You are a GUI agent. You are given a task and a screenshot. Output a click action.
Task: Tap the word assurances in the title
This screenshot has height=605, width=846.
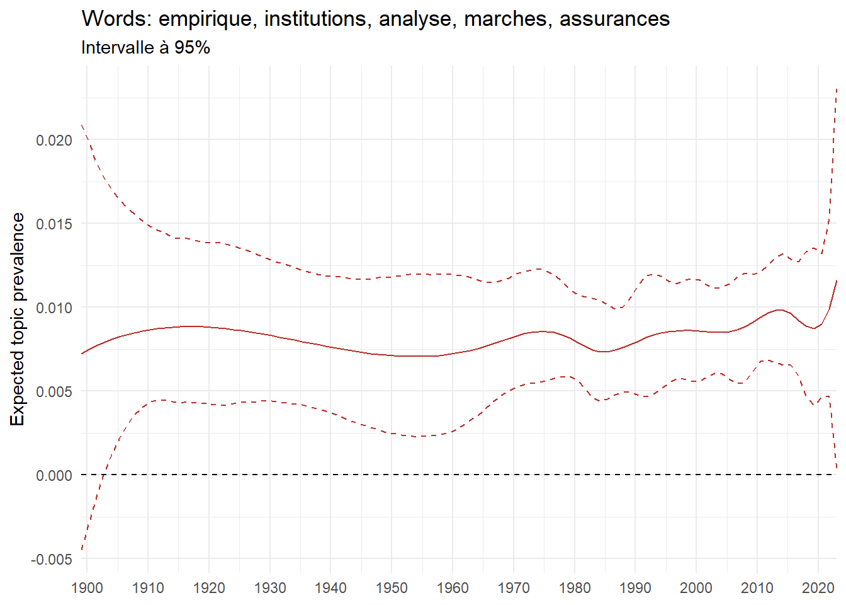click(x=614, y=19)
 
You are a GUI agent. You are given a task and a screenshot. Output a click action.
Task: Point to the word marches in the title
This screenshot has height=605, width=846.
click(x=505, y=19)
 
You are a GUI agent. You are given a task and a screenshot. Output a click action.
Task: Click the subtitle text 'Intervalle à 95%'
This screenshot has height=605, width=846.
click(x=145, y=48)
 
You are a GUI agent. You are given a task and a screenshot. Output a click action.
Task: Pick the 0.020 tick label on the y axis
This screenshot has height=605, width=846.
click(x=54, y=140)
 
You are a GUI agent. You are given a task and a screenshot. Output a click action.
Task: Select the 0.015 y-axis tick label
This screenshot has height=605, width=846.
click(x=54, y=224)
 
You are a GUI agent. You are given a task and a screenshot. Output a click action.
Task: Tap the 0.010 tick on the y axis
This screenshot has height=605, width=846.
click(x=54, y=308)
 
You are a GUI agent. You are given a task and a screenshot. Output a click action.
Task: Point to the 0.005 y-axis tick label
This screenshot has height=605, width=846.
click(x=54, y=391)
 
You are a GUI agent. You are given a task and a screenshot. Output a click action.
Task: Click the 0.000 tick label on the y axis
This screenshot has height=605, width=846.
click(x=54, y=475)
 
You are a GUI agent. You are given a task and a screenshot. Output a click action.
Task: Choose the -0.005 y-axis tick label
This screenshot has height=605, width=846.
click(x=52, y=559)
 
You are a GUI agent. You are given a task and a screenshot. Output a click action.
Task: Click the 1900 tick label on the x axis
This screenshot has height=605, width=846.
click(x=87, y=589)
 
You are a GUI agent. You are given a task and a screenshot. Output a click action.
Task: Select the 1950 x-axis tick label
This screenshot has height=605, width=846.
click(x=392, y=589)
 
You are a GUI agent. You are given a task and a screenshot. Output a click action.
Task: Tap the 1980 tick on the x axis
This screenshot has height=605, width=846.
click(x=574, y=589)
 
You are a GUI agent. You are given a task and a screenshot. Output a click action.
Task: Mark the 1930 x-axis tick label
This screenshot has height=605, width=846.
click(x=269, y=589)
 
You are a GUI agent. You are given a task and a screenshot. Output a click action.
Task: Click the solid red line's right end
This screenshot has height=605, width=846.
click(x=837, y=279)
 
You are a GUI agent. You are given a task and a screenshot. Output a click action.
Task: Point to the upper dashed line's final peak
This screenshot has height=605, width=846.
click(x=837, y=89)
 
